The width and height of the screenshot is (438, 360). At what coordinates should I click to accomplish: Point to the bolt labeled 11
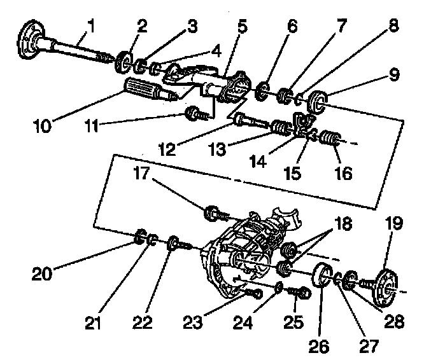tap(190, 115)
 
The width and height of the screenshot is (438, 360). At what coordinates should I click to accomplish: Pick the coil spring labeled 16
tap(327, 138)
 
